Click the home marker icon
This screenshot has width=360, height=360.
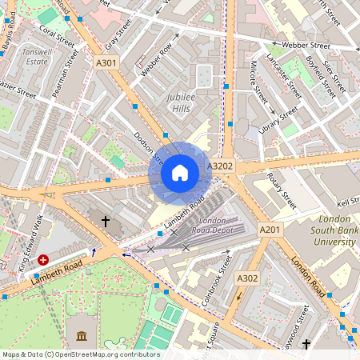[180, 172]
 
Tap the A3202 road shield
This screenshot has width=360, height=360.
[220, 166]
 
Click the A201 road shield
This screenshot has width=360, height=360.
[270, 230]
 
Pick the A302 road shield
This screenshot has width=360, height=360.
[246, 278]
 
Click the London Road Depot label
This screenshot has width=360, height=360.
[212, 225]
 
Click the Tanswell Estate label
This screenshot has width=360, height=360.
[37, 55]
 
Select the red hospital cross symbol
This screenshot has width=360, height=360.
[43, 260]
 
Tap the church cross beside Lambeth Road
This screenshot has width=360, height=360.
[105, 220]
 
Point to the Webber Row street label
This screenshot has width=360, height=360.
[156, 60]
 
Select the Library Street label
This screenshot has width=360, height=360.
[278, 117]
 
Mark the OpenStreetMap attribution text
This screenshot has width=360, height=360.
[80, 354]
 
